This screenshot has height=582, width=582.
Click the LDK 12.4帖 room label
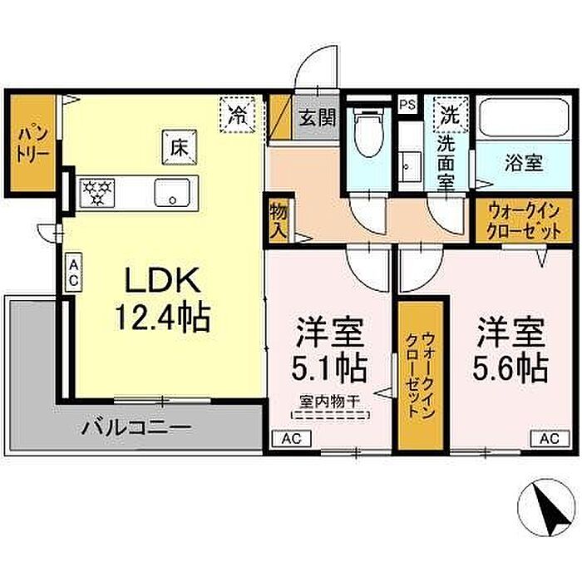(163, 298)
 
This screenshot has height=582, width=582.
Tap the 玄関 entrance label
(318, 118)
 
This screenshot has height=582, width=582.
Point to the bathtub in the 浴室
(524, 118)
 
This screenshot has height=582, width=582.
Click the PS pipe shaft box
(408, 105)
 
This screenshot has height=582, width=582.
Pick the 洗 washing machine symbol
(450, 114)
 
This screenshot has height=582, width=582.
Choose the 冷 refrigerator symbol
(237, 115)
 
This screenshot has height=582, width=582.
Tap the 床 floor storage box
(180, 147)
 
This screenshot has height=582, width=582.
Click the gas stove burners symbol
(97, 192)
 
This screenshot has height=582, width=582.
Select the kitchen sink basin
(172, 193)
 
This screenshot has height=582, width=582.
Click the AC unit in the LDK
(73, 273)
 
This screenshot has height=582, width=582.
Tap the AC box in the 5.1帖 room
(291, 439)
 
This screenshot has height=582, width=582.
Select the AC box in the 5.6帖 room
(550, 438)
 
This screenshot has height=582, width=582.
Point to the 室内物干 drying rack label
(330, 402)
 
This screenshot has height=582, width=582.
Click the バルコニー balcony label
(136, 427)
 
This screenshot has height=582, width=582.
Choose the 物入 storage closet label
(279, 222)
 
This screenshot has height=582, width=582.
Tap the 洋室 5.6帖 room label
(510, 351)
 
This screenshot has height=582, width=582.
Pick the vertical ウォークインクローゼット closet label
(421, 374)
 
